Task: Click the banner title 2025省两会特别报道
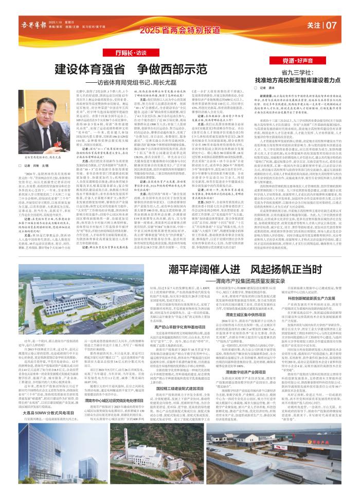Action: click(179, 32)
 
